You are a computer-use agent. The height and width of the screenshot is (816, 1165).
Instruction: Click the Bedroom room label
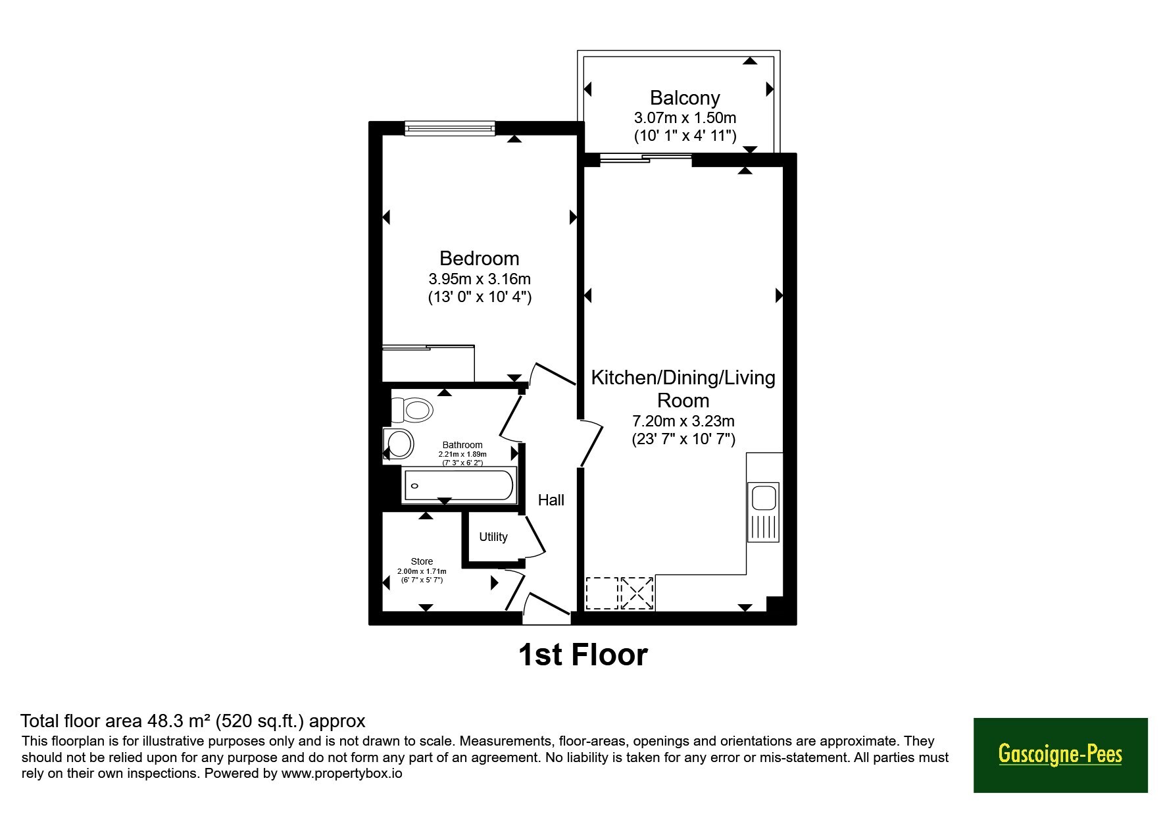click(x=479, y=258)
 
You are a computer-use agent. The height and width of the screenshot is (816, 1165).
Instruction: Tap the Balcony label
click(x=685, y=98)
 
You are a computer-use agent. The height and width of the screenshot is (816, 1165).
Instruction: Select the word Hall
click(x=551, y=500)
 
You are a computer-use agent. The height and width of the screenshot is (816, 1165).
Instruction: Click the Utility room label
click(x=493, y=537)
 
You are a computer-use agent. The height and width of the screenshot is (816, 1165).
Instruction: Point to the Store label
click(x=422, y=561)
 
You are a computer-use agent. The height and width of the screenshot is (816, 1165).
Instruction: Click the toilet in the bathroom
click(x=412, y=410)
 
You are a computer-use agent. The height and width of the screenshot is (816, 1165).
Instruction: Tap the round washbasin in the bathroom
click(x=399, y=443)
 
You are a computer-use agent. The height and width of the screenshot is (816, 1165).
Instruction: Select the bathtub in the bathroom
click(x=459, y=486)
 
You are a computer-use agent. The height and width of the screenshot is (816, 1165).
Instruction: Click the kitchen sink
click(x=763, y=513)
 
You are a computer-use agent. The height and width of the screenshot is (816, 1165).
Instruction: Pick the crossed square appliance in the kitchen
click(x=636, y=593)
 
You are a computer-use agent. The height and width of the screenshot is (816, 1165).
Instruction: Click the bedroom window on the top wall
click(x=449, y=128)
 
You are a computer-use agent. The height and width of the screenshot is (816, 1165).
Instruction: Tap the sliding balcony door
click(x=645, y=157)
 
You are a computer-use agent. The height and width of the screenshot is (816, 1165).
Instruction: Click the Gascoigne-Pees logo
click(x=1060, y=754)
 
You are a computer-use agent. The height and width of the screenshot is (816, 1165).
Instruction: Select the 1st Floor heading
click(x=583, y=655)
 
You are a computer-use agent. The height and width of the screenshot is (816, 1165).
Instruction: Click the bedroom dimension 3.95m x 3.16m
click(x=479, y=279)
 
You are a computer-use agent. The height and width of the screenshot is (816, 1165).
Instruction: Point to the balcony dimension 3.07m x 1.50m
click(x=685, y=118)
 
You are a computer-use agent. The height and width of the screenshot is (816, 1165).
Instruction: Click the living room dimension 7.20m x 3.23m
click(x=683, y=421)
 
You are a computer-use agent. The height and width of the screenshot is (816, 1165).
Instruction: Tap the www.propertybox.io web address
click(x=341, y=773)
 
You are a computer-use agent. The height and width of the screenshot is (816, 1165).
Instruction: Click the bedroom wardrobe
click(x=428, y=363)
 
